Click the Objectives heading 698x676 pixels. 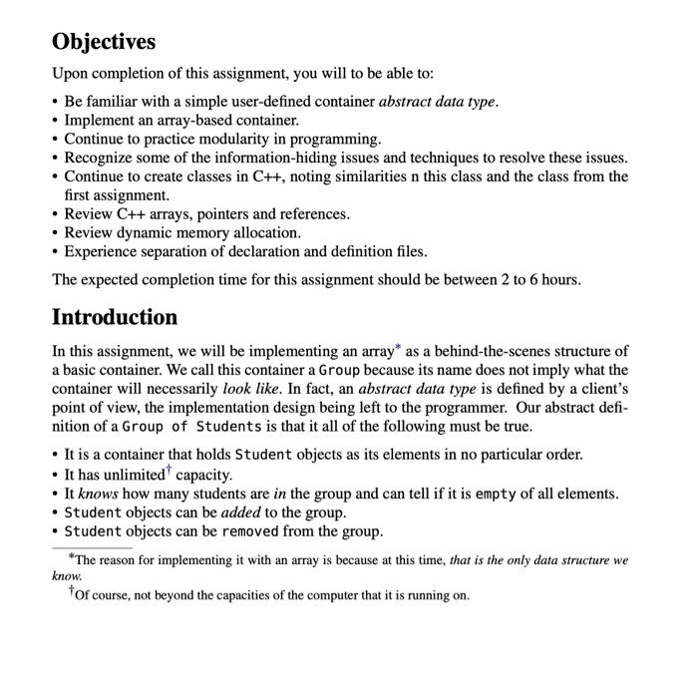pyautogui.click(x=104, y=42)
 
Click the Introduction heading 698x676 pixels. pyautogui.click(x=115, y=317)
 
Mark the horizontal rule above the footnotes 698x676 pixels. pyautogui.click(x=92, y=547)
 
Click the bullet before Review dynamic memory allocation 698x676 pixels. pyautogui.click(x=56, y=232)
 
